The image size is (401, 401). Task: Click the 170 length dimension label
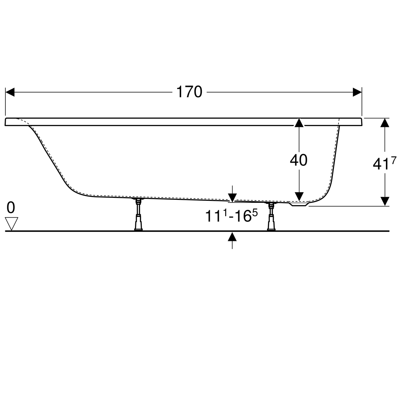189,92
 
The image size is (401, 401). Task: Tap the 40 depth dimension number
299,160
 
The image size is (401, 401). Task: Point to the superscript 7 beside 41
394,160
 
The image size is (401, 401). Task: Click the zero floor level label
11,208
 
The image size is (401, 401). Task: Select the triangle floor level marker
11,224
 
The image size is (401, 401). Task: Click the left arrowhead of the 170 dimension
10,92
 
